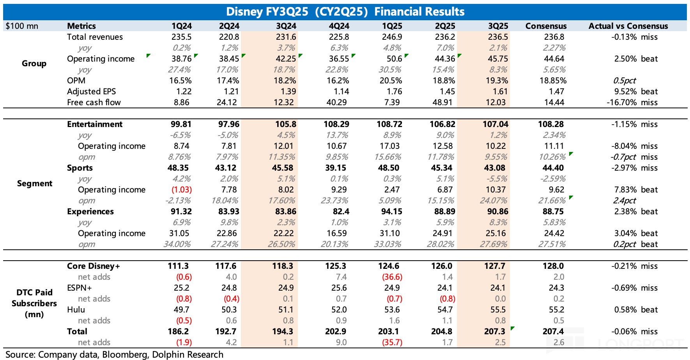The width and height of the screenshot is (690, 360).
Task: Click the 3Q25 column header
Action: (x=498, y=26)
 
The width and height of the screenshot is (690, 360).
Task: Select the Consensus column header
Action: (x=546, y=26)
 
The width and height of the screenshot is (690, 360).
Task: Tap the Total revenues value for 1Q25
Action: (x=392, y=37)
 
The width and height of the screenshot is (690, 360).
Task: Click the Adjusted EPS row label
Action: (x=91, y=92)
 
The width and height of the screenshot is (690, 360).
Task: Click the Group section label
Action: (x=34, y=64)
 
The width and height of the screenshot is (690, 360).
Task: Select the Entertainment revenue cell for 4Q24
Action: (x=336, y=124)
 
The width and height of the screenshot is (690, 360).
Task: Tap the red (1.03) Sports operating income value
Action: (x=181, y=190)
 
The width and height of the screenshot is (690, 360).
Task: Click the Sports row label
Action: (x=80, y=168)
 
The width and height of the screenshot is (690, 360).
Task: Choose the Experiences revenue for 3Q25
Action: (x=495, y=212)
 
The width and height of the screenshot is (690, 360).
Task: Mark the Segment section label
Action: (x=34, y=184)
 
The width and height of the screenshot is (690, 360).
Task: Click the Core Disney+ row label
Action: (x=94, y=266)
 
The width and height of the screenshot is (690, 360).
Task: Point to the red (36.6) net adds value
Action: (x=392, y=277)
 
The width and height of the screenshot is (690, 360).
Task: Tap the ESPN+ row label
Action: (x=80, y=288)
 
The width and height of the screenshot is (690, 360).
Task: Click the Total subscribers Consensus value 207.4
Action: (x=553, y=332)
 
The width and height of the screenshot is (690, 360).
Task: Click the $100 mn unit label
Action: (x=22, y=26)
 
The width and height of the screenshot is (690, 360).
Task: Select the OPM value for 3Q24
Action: (x=286, y=81)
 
